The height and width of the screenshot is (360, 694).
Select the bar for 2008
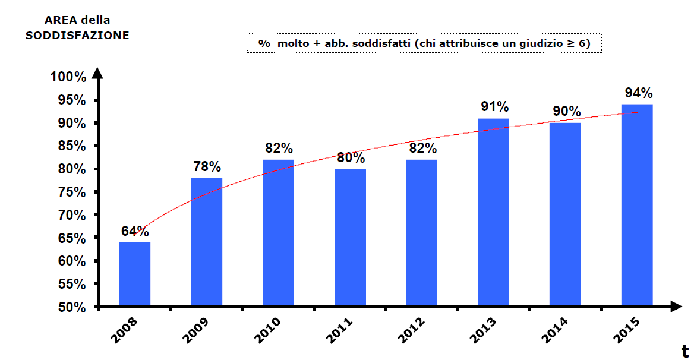pyautogui.click(x=134, y=274)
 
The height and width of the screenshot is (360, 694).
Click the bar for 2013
pyautogui.click(x=493, y=213)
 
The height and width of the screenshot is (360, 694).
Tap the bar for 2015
pyautogui.click(x=637, y=206)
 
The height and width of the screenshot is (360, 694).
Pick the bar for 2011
pyautogui.click(x=350, y=238)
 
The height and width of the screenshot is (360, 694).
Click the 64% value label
pyautogui.click(x=135, y=232)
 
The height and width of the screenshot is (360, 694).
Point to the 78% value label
pyautogui.click(x=206, y=167)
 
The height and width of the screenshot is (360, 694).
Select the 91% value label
pyautogui.click(x=494, y=107)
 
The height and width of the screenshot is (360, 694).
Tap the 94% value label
pyautogui.click(x=638, y=93)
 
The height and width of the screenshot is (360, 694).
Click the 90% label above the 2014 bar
pyautogui.click(x=566, y=112)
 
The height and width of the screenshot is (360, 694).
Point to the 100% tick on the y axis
pyautogui.click(x=68, y=77)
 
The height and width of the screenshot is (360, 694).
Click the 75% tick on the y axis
pyautogui.click(x=71, y=192)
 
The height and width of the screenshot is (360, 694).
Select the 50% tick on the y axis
pyautogui.click(x=71, y=307)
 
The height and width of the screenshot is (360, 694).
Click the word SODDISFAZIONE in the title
pyautogui.click(x=77, y=36)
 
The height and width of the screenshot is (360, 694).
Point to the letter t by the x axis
pyautogui.click(x=684, y=350)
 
